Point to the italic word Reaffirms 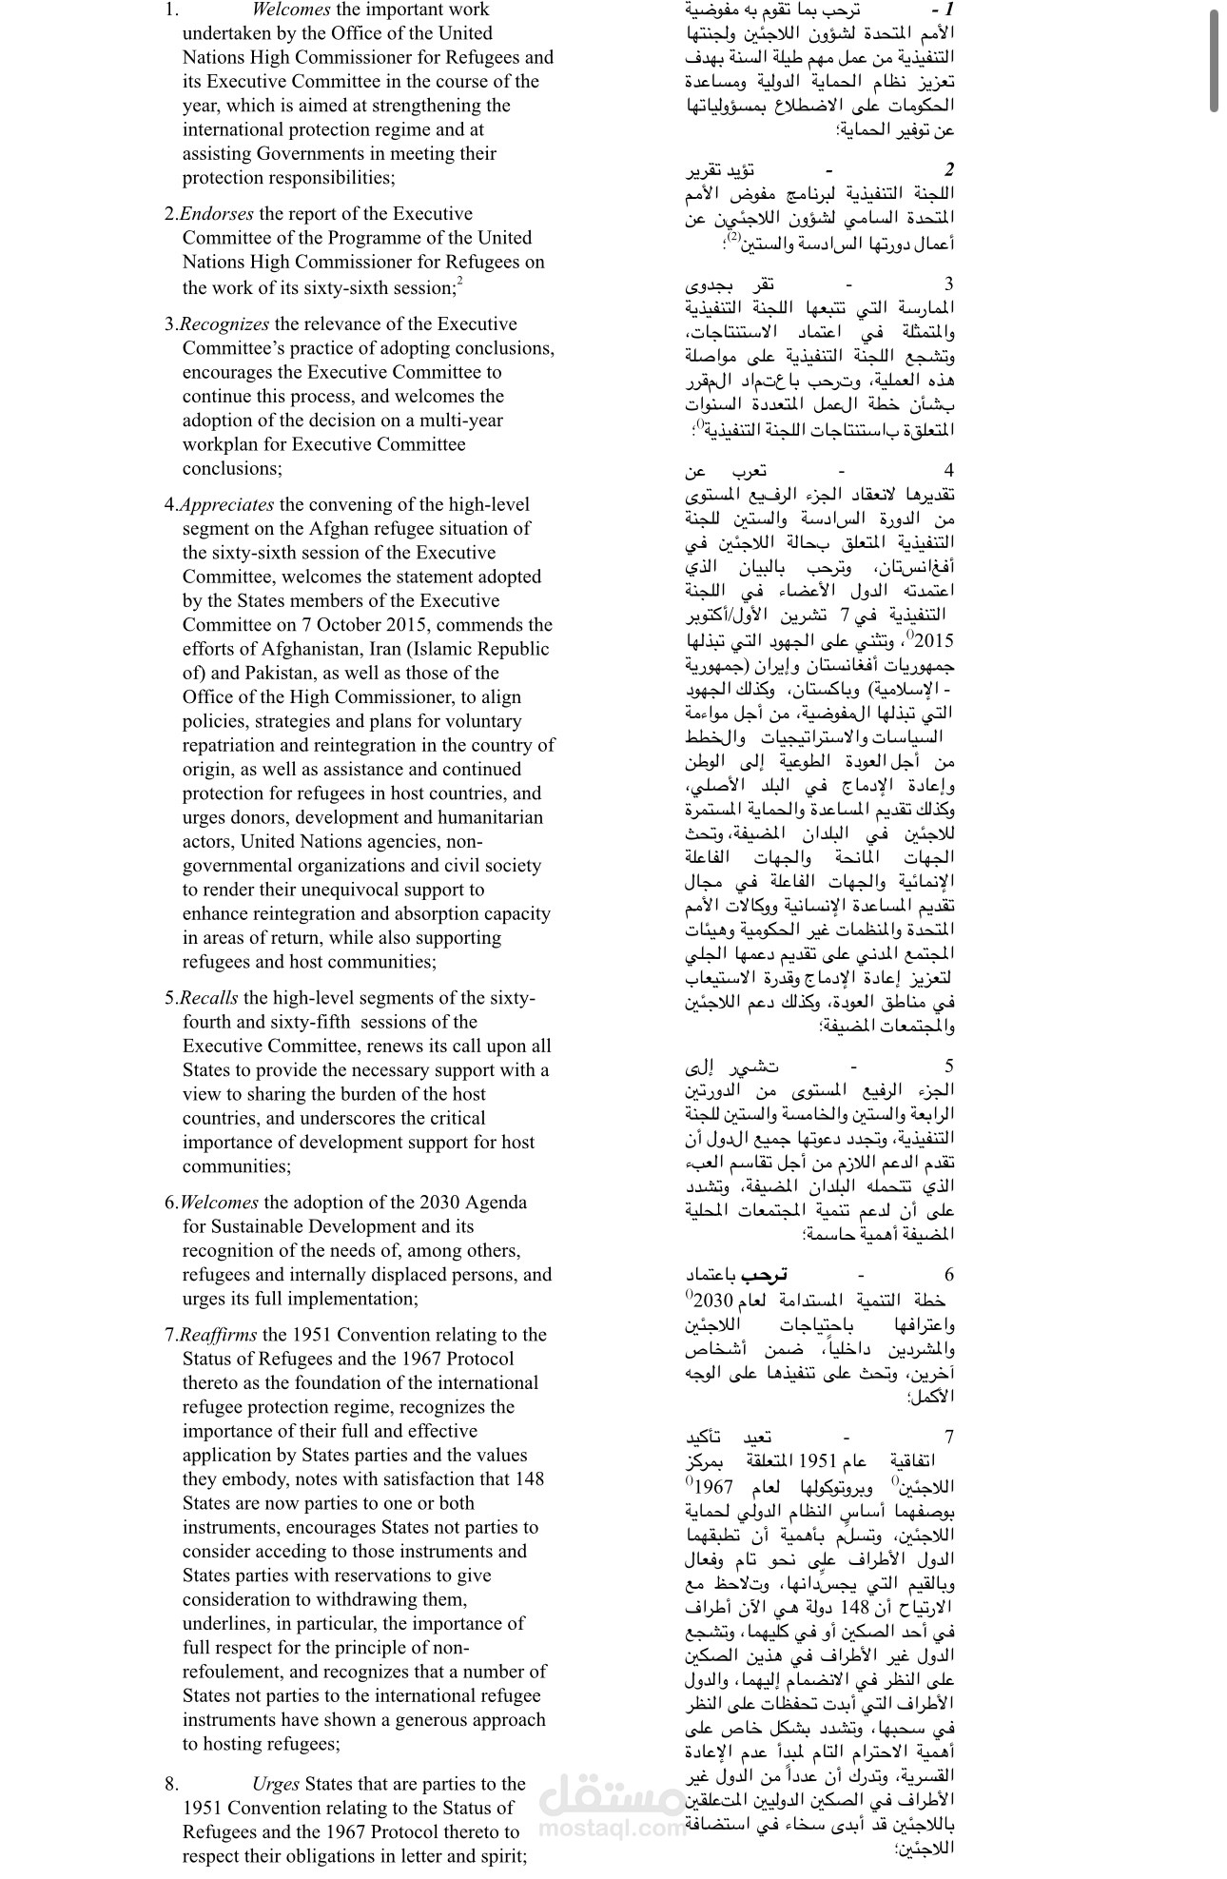(218, 1335)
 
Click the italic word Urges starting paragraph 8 (276, 1784)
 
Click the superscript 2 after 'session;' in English (459, 281)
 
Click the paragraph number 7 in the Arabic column (948, 1438)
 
